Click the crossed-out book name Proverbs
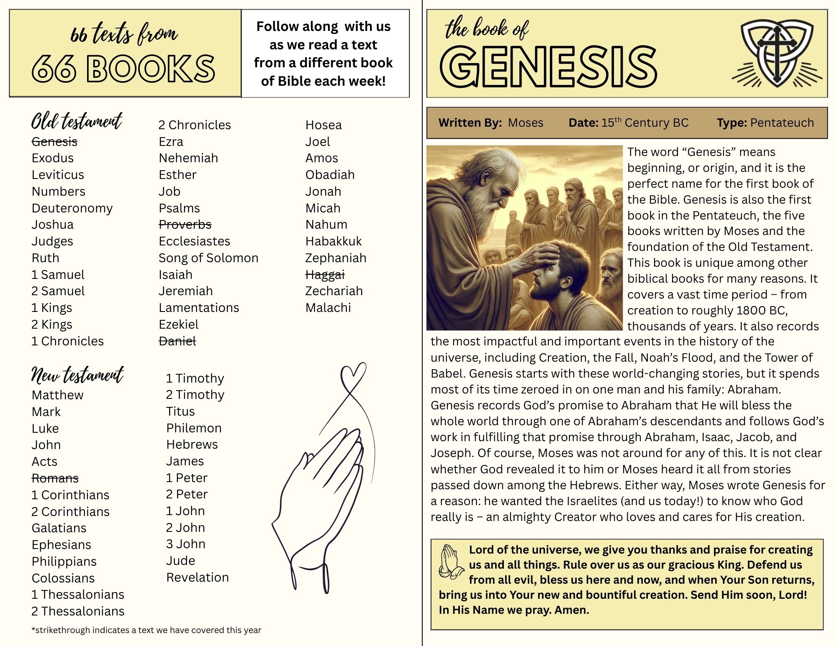click(x=185, y=225)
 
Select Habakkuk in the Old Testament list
click(x=334, y=241)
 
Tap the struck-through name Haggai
click(x=325, y=275)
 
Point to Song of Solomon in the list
click(x=208, y=258)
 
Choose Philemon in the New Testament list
click(x=194, y=428)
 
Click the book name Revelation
click(x=198, y=577)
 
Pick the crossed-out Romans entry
click(x=55, y=478)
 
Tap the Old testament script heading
click(x=77, y=121)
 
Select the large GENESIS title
click(x=548, y=67)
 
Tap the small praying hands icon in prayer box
click(x=451, y=562)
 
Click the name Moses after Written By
click(x=526, y=123)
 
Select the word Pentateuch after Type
click(x=782, y=123)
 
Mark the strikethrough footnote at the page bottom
click(x=146, y=630)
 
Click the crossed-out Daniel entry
click(x=177, y=341)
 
